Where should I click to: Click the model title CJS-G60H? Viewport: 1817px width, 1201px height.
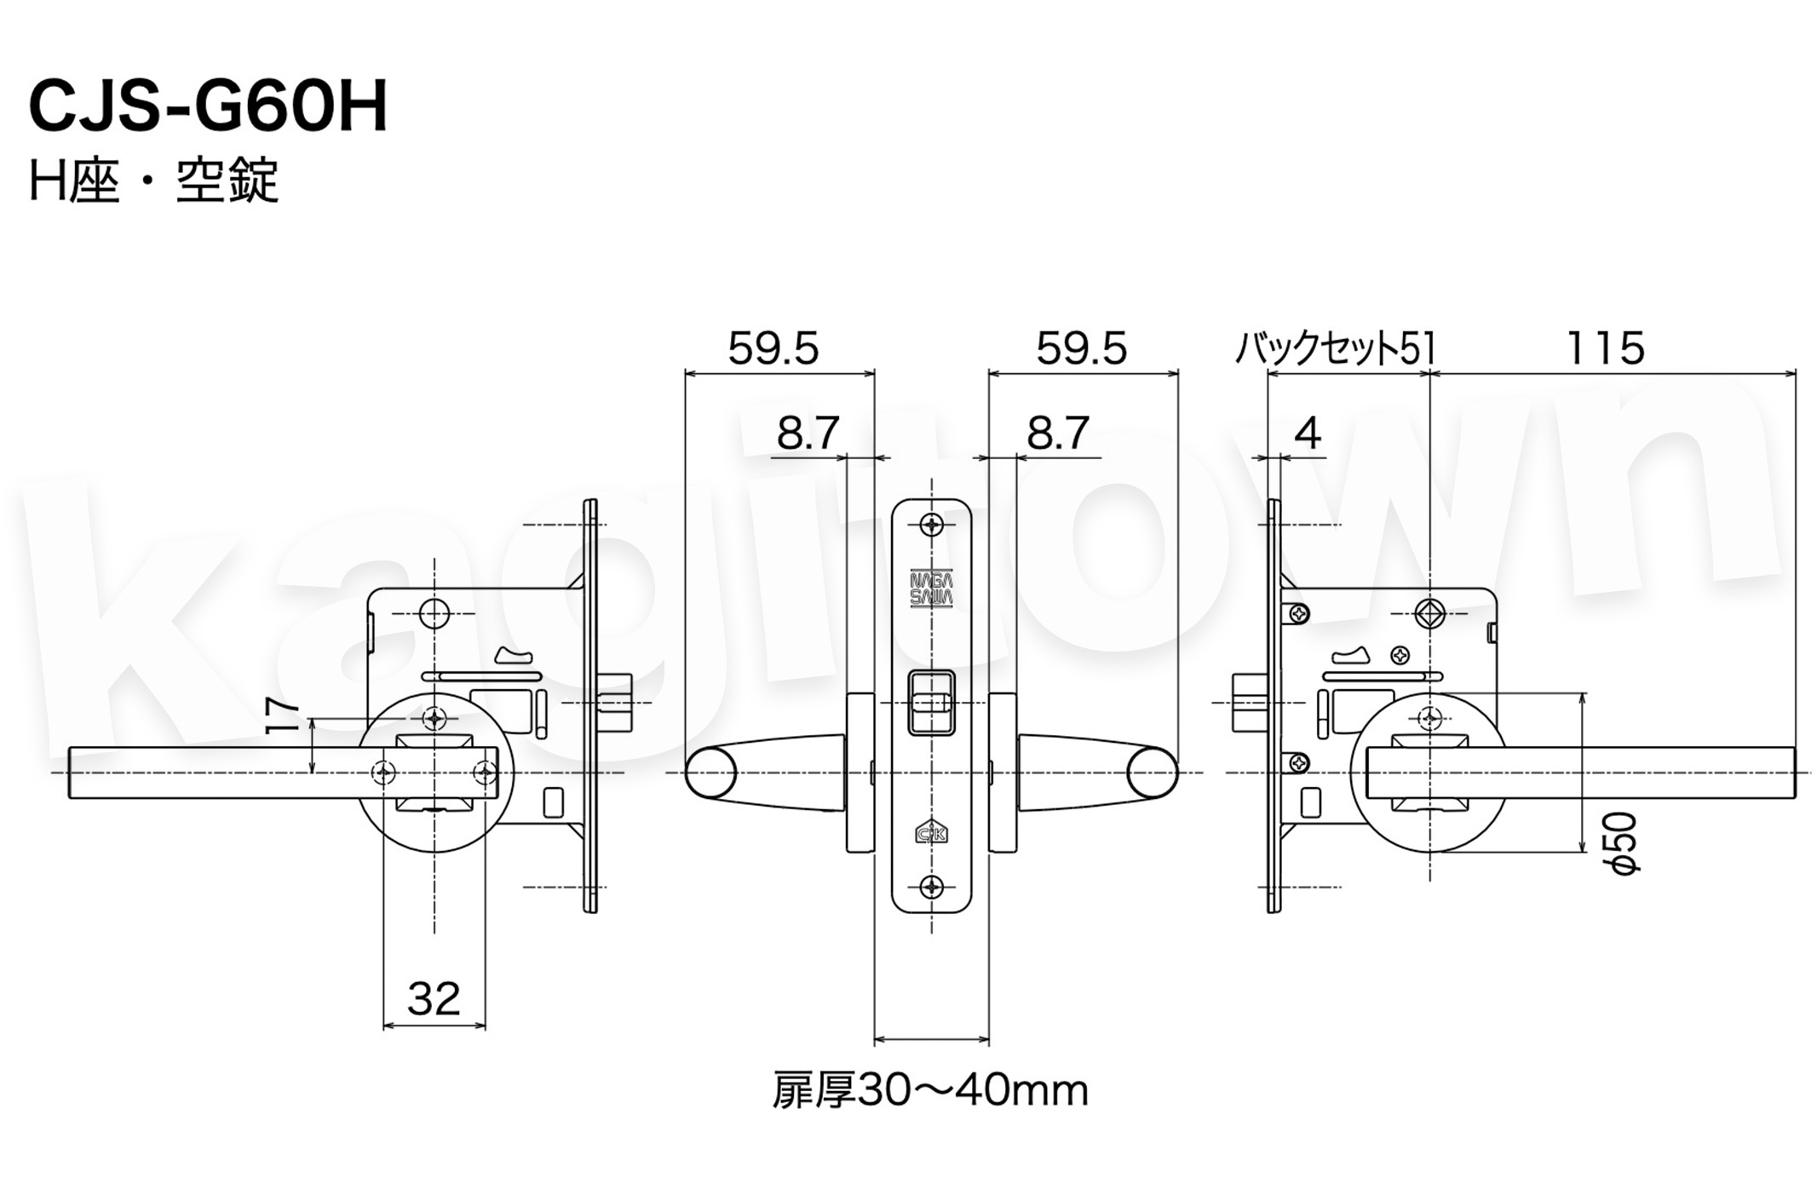[x=209, y=106]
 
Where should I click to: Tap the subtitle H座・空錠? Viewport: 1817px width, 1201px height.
[x=154, y=181]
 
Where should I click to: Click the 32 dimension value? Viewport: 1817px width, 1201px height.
[x=434, y=998]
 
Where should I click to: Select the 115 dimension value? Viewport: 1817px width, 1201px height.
[x=1606, y=348]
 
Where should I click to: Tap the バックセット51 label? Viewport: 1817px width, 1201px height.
[x=1335, y=348]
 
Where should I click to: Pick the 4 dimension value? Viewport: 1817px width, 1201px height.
[x=1308, y=434]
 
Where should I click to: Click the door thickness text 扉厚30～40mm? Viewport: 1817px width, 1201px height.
[x=929, y=1091]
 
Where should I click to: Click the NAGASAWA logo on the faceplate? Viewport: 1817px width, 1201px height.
[x=931, y=588]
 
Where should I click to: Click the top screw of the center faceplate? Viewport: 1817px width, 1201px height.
[x=932, y=524]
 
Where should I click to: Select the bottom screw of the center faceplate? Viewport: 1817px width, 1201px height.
[x=932, y=887]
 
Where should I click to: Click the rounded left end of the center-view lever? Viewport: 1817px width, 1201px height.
[x=710, y=773]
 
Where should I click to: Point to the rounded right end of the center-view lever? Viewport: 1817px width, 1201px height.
[x=1153, y=773]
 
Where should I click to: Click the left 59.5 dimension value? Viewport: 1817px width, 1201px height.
[x=773, y=348]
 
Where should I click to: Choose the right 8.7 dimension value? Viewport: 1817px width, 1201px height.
[x=1058, y=434]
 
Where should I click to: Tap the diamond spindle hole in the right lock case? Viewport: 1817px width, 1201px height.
[x=1430, y=614]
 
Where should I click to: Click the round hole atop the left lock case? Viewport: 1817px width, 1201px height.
[x=434, y=614]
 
